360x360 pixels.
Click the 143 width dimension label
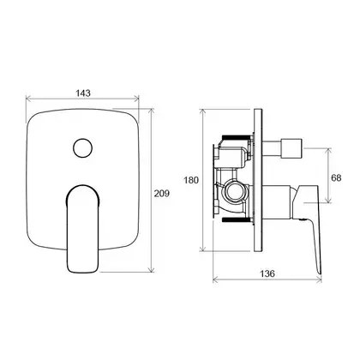(x=83, y=93)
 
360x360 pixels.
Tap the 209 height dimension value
(x=162, y=194)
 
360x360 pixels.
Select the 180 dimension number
(x=191, y=180)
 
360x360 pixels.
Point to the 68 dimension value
(x=336, y=178)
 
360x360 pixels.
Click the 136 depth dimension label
(x=267, y=273)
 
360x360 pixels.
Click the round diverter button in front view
(x=82, y=148)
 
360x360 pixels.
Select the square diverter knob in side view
(x=291, y=148)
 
